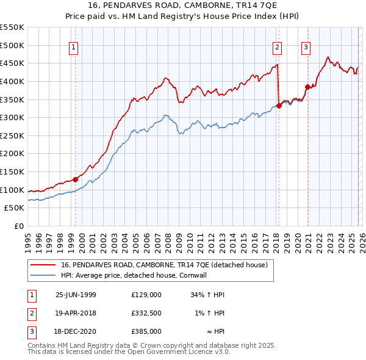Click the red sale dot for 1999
click(x=76, y=179)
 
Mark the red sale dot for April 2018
click(x=279, y=106)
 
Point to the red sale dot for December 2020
click(x=307, y=87)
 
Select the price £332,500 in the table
click(x=146, y=313)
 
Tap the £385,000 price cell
click(x=146, y=331)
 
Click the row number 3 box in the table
click(x=31, y=331)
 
